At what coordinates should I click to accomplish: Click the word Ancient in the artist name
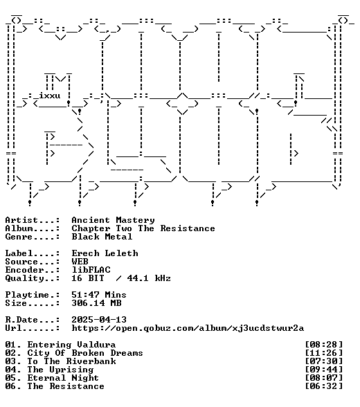pyautogui.click(x=91, y=220)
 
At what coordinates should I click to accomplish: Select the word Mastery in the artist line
pyautogui.click(x=135, y=220)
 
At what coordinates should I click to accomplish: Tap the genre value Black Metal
pyautogui.click(x=102, y=237)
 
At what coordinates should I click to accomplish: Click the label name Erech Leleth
pyautogui.click(x=105, y=253)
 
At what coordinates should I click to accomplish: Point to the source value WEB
pyautogui.click(x=80, y=262)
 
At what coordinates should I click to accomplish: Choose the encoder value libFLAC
pyautogui.click(x=91, y=270)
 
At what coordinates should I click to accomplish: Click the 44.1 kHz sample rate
pyautogui.click(x=149, y=278)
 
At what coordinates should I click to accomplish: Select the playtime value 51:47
pyautogui.click(x=85, y=295)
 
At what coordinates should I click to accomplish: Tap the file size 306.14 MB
pyautogui.click(x=96, y=303)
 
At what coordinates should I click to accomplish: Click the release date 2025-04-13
pyautogui.click(x=99, y=320)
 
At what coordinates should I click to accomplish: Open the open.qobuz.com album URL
pyautogui.click(x=188, y=328)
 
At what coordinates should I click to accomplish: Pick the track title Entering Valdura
pyautogui.click(x=71, y=345)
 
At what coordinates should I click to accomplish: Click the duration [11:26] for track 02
pyautogui.click(x=324, y=353)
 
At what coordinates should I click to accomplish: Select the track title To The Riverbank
pyautogui.click(x=71, y=361)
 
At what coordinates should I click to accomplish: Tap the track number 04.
pyautogui.click(x=10, y=370)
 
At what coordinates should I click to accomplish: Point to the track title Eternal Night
pyautogui.click(x=63, y=378)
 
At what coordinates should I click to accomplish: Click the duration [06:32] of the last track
pyautogui.click(x=324, y=386)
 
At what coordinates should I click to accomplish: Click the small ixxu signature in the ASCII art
pyautogui.click(x=50, y=96)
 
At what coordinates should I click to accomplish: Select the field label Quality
pyautogui.click(x=25, y=278)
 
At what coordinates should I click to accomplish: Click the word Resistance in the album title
pyautogui.click(x=188, y=228)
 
